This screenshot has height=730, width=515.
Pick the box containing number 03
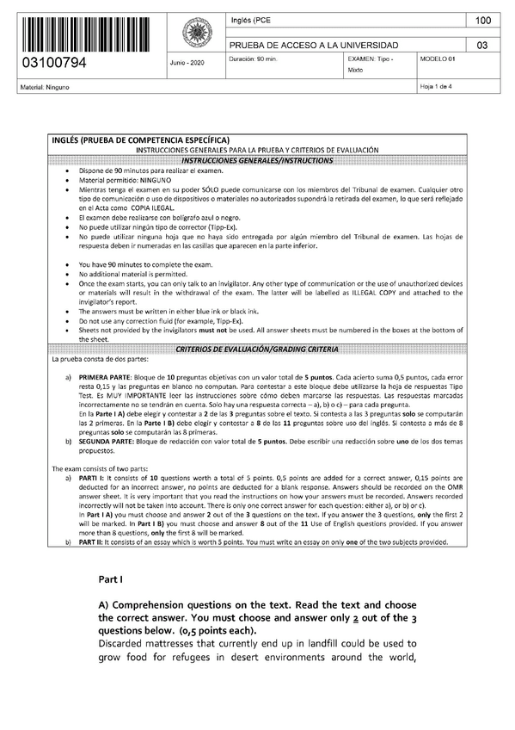pyautogui.click(x=482, y=45)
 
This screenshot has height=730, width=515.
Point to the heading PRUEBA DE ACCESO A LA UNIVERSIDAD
pyautogui.click(x=313, y=45)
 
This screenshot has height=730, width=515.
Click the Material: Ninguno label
pyautogui.click(x=42, y=88)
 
